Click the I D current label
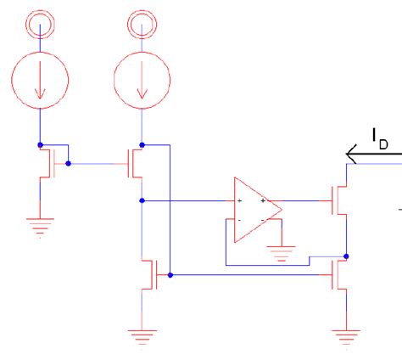click(x=379, y=137)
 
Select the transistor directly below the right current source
click(x=136, y=161)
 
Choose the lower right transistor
click(x=339, y=274)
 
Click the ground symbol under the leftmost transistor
click(x=39, y=224)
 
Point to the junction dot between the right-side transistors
click(x=347, y=255)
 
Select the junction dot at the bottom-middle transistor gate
click(x=170, y=275)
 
